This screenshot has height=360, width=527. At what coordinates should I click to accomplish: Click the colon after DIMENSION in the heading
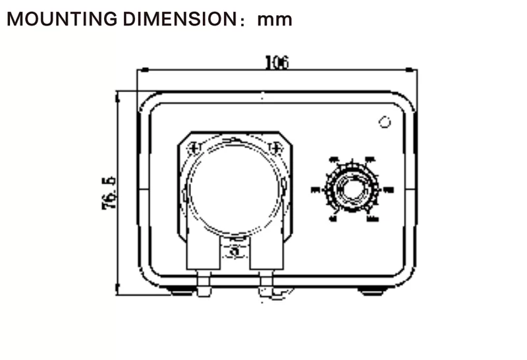[244, 21]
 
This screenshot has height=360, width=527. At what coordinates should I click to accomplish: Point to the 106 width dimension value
[277, 62]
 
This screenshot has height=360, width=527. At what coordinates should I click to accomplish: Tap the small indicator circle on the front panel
[384, 122]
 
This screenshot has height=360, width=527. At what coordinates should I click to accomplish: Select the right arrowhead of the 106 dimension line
[412, 69]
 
